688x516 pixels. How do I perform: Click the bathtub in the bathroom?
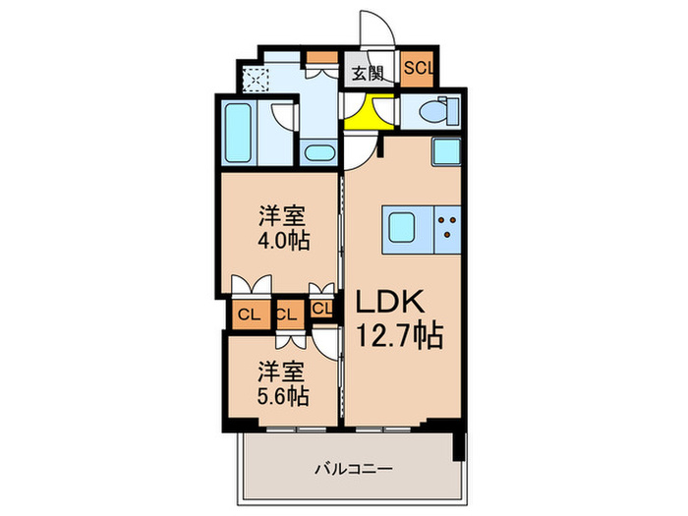pos(237,134)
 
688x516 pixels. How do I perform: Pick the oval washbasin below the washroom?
pos(317,152)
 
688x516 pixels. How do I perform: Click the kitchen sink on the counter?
pos(402,227)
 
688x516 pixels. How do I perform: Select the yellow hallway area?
pos(367,115)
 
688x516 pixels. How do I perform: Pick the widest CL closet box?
pos(247,315)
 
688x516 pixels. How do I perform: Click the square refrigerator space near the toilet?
pos(445,152)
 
